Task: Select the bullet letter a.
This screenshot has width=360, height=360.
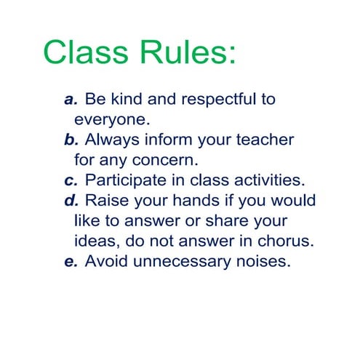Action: point(71,100)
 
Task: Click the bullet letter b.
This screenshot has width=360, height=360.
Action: point(71,139)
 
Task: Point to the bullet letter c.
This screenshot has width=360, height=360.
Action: point(71,179)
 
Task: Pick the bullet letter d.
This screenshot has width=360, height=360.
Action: point(71,199)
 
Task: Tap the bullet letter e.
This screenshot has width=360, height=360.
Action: point(71,260)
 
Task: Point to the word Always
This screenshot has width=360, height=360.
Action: point(113,139)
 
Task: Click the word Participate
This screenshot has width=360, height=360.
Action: point(126,179)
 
